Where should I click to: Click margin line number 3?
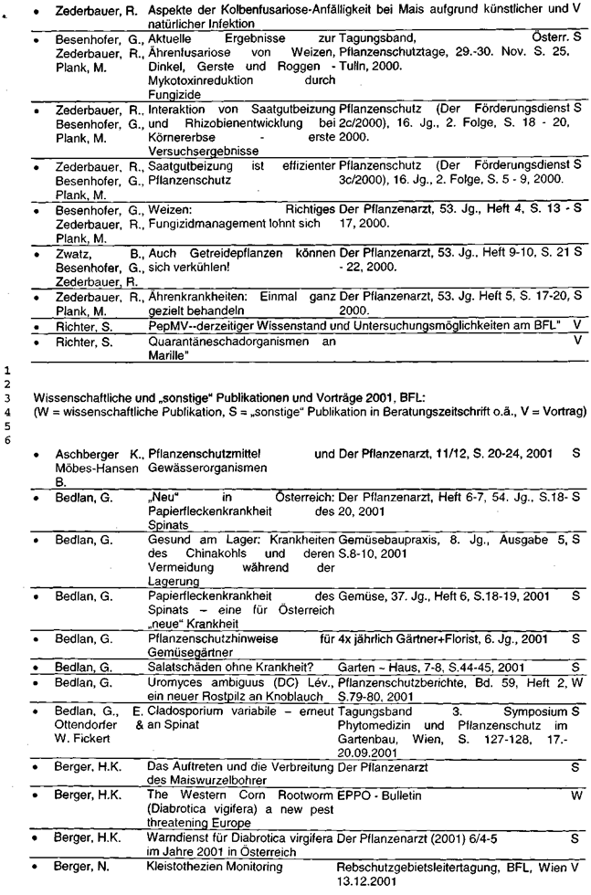pyautogui.click(x=6, y=399)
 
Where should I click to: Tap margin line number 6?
pyautogui.click(x=6, y=440)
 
